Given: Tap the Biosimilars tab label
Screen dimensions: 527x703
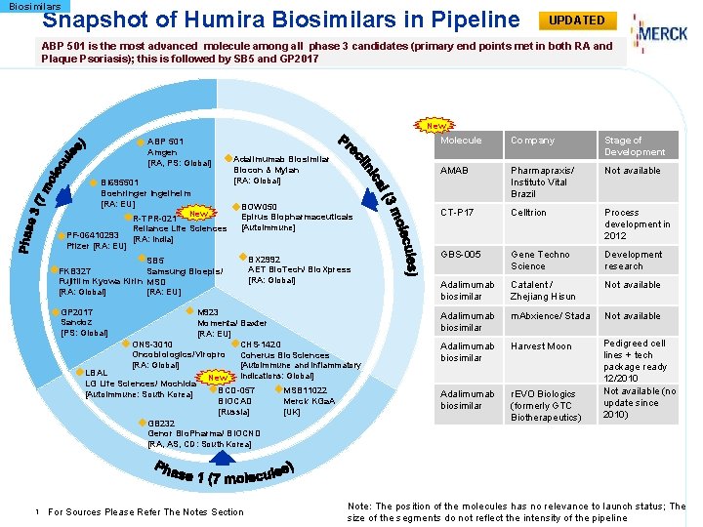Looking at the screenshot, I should coord(34,7).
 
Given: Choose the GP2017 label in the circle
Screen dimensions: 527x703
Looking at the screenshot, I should coord(77,312).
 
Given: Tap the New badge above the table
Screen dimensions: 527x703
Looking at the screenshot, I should coord(435,126).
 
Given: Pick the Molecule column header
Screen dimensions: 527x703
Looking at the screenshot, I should coord(461,141).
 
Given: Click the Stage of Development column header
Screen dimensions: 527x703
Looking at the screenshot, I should coord(635,146).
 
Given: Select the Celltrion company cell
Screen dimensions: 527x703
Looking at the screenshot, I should coord(528,213).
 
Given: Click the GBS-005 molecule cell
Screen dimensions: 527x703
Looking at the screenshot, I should coord(461,255).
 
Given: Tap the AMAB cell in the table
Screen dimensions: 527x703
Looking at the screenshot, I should coord(455,171).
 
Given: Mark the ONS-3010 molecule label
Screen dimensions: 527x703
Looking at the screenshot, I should coord(152,345).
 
